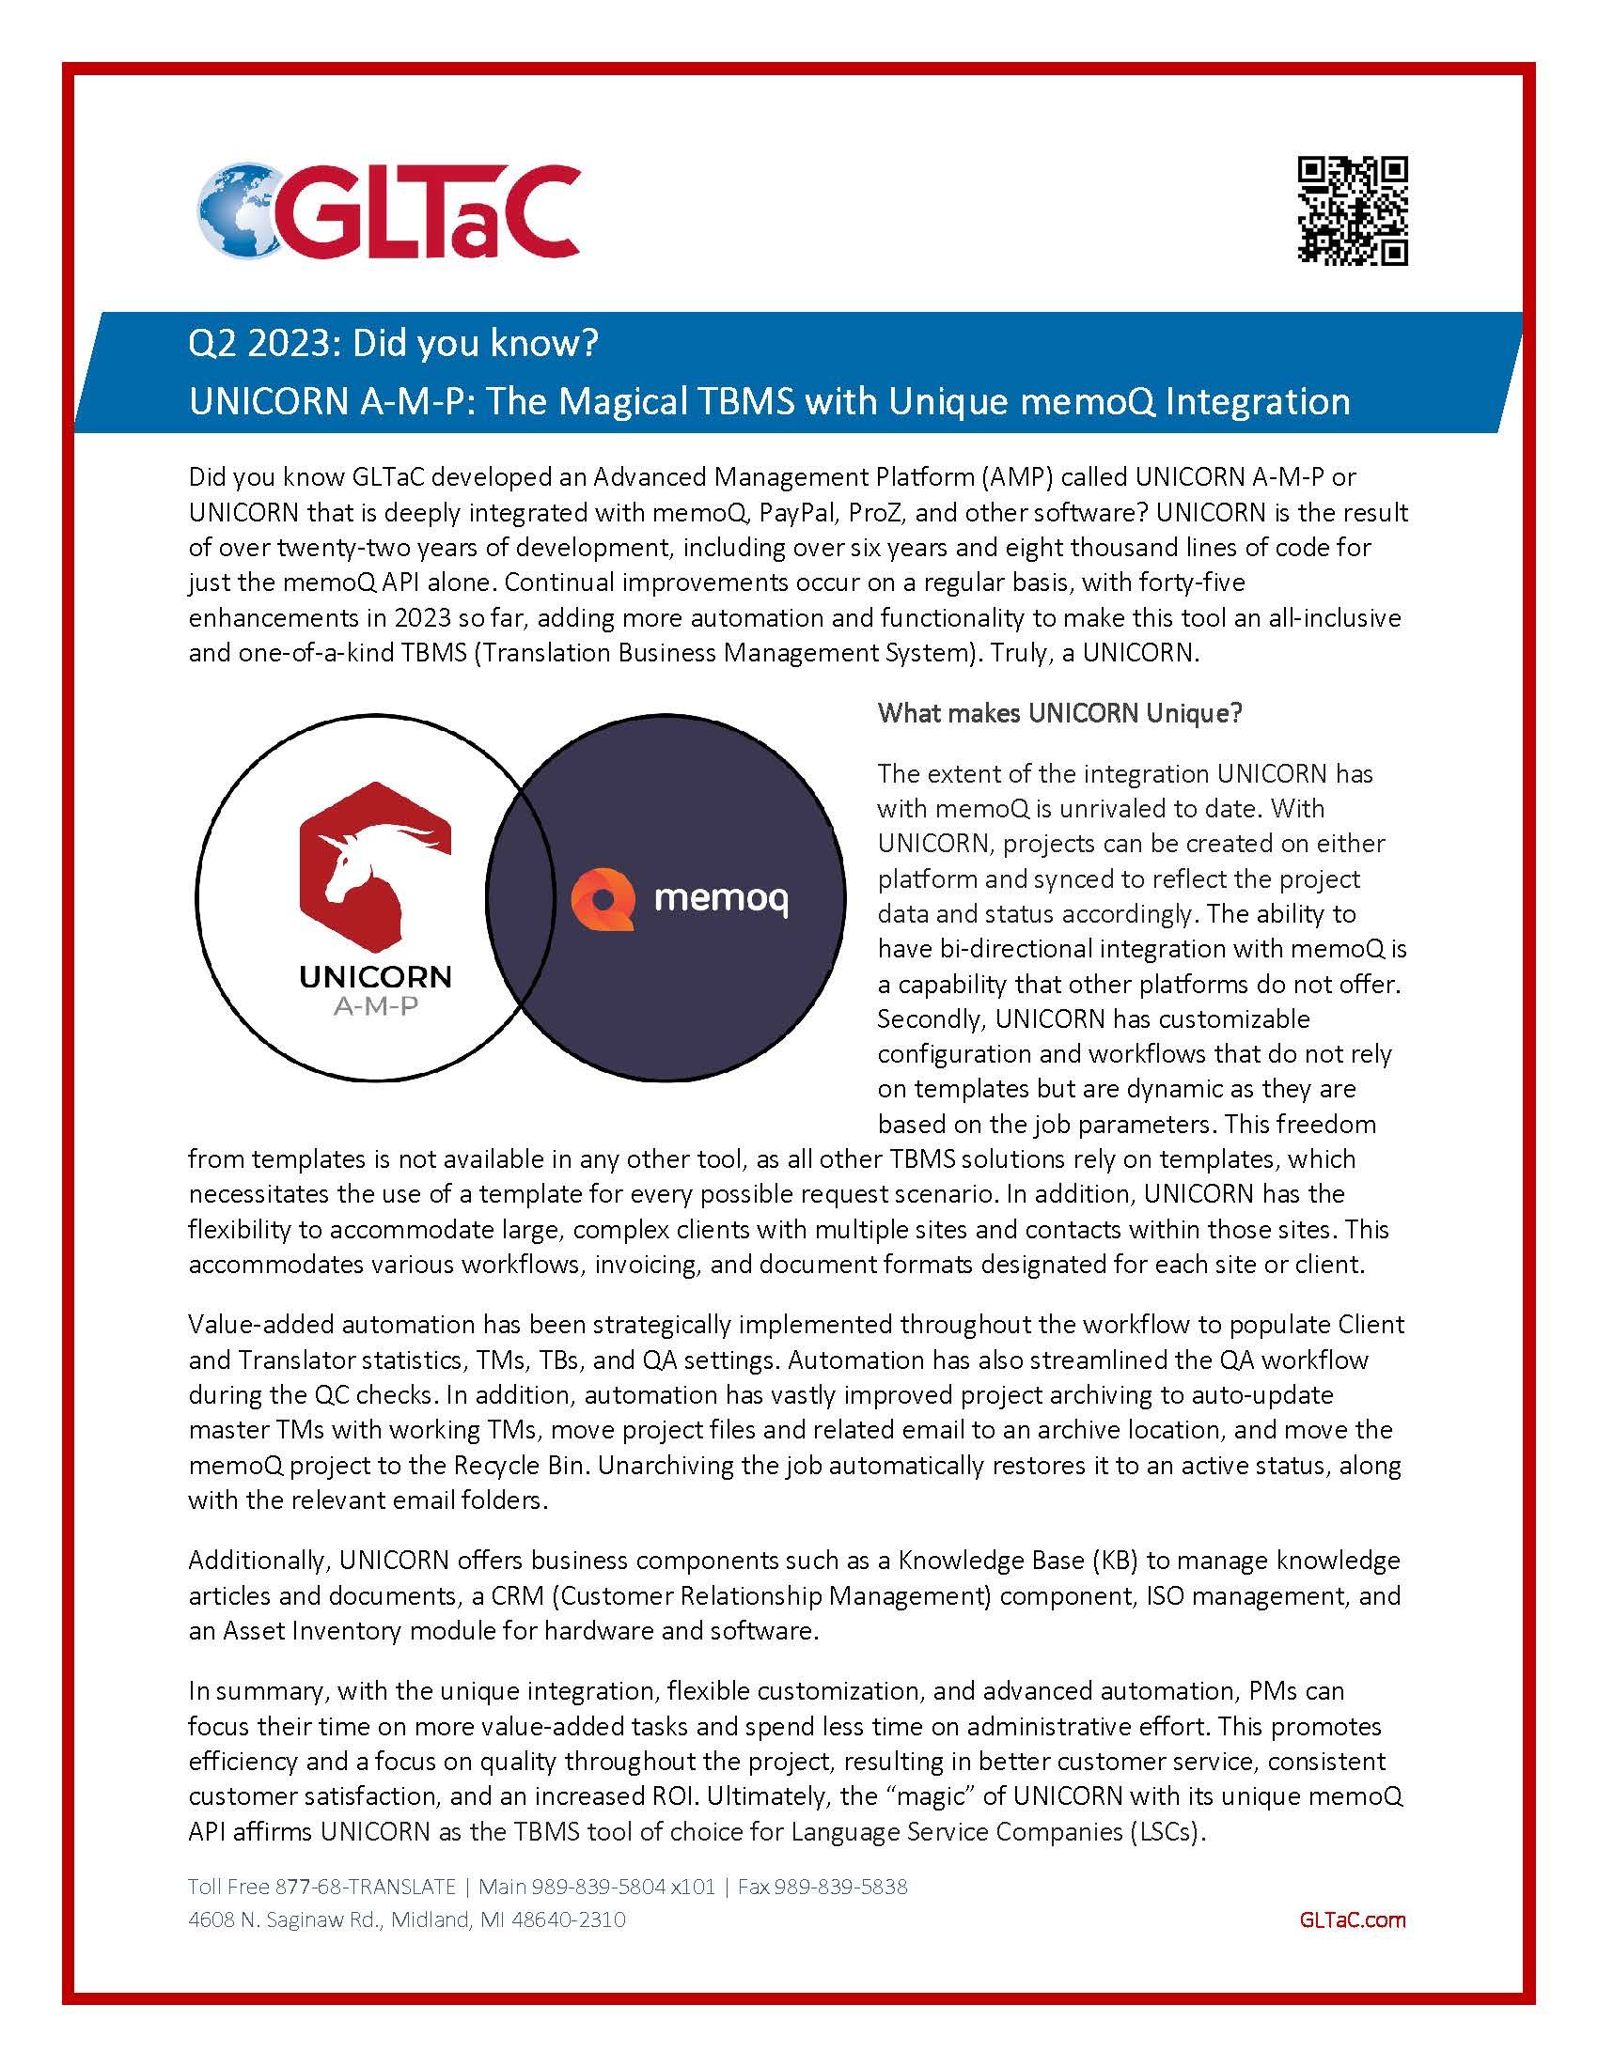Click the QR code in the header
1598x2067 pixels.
1351,210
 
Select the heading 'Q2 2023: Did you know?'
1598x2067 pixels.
394,344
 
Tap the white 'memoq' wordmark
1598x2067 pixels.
720,898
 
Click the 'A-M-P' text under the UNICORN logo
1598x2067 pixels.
375,1007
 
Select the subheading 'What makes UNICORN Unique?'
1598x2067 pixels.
1059,713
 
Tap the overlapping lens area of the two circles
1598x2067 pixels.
520,897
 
